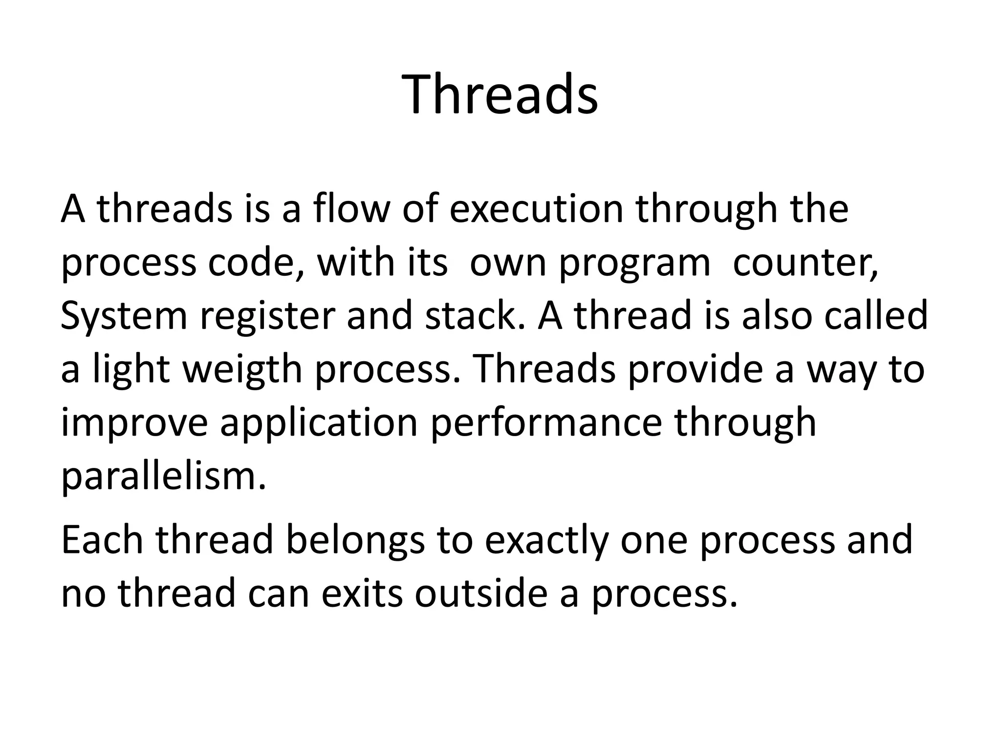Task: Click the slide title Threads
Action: tap(500, 94)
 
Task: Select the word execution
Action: tap(536, 209)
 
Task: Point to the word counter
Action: tap(805, 263)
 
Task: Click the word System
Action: tap(124, 316)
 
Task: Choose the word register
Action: tap(267, 316)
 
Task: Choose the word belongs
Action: tap(355, 541)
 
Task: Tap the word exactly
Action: tap(546, 541)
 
